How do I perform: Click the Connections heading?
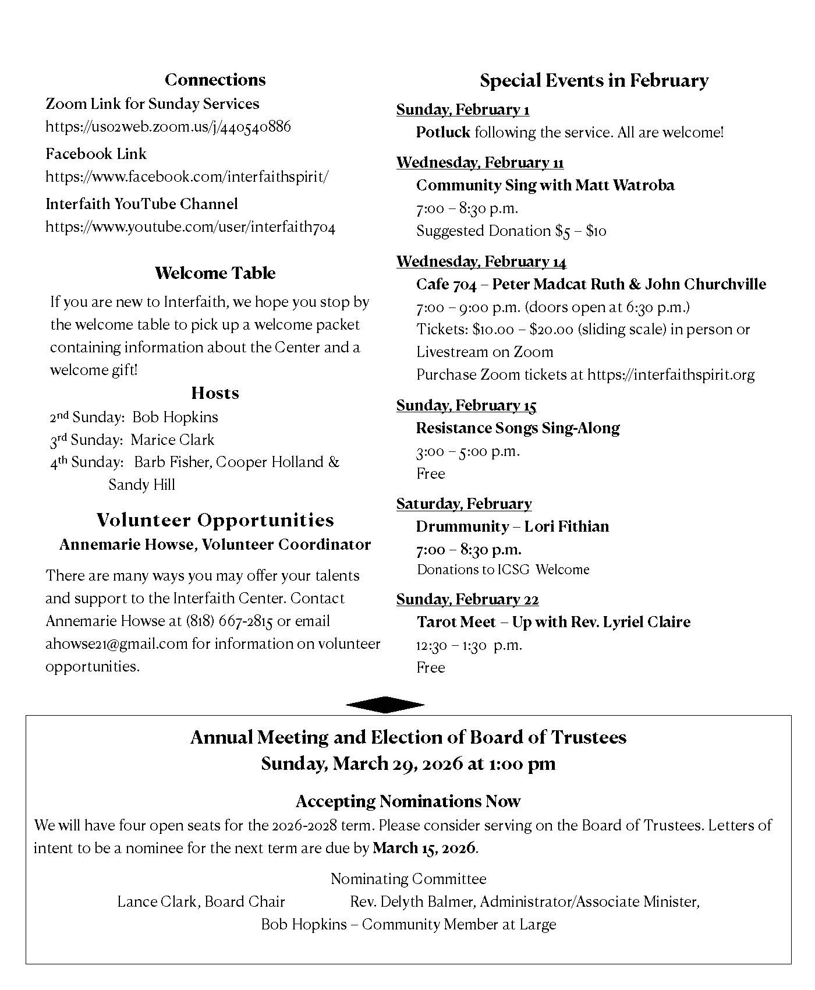tap(215, 80)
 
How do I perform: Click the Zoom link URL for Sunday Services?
tap(168, 126)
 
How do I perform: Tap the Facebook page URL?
tap(187, 176)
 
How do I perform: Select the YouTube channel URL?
tap(190, 227)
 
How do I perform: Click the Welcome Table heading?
tap(215, 273)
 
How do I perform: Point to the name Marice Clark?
tap(172, 440)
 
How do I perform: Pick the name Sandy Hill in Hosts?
tap(141, 485)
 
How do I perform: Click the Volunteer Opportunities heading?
tap(215, 520)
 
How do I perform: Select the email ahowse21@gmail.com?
tap(116, 643)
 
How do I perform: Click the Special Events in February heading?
tap(594, 80)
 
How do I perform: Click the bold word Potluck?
tap(443, 132)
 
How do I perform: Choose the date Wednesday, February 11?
tap(480, 162)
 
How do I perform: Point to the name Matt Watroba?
tap(625, 185)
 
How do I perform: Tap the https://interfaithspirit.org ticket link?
tap(671, 374)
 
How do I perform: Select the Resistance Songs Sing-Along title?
tap(518, 428)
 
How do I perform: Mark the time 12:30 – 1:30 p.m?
tap(469, 645)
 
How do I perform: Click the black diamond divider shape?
tap(385, 705)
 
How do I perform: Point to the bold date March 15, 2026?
tap(424, 848)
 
